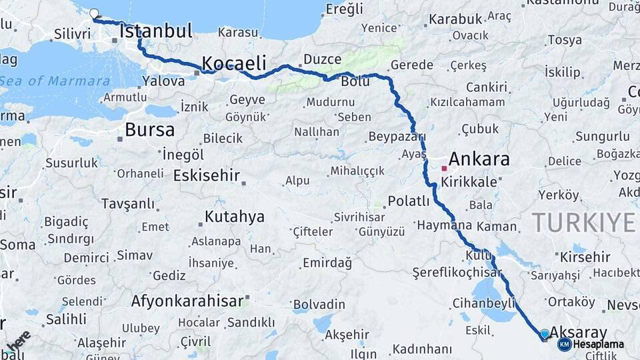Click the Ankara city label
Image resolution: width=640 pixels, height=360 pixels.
(479, 159)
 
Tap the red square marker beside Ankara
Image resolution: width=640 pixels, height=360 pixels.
(444, 168)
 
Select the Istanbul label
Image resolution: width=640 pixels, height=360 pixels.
(156, 31)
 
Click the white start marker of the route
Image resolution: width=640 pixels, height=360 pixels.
(94, 13)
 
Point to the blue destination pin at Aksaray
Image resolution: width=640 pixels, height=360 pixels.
(545, 334)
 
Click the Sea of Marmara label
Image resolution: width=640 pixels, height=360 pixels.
(56, 81)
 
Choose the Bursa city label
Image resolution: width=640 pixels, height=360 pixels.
(150, 129)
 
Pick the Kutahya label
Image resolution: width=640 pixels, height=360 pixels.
(234, 217)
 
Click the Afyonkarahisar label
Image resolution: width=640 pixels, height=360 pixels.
(187, 301)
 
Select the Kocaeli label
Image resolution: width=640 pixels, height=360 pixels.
(235, 63)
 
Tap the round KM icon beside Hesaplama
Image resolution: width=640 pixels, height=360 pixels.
(564, 344)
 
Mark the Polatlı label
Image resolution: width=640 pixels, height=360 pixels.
(409, 201)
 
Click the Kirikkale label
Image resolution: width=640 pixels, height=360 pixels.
(469, 181)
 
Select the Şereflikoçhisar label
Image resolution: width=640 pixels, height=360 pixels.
(457, 273)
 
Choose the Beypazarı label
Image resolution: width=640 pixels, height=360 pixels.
(396, 137)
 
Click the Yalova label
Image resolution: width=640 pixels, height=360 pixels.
(163, 81)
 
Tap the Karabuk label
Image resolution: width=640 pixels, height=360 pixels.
(455, 19)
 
